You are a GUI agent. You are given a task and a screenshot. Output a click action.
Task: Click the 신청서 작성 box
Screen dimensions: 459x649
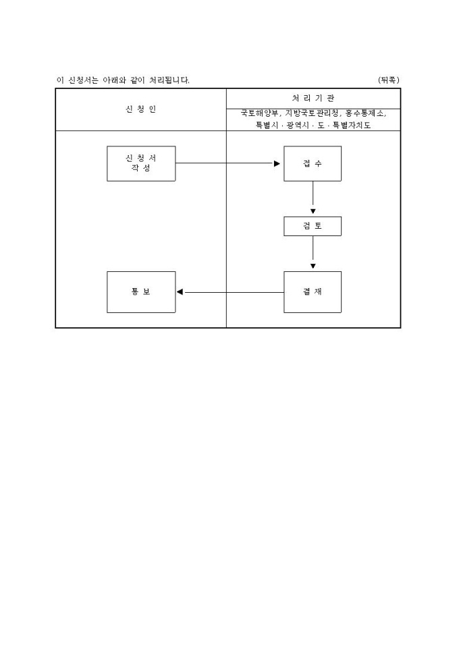click(141, 163)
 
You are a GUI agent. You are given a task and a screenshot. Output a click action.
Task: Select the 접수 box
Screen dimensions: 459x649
click(313, 163)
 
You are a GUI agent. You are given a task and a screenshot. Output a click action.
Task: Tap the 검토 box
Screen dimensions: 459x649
click(313, 227)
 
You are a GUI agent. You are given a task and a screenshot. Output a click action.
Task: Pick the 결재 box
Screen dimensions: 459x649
click(313, 292)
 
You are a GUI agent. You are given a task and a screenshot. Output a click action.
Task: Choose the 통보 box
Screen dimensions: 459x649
click(141, 292)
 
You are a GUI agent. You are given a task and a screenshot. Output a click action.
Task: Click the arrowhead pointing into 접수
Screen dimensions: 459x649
click(277, 163)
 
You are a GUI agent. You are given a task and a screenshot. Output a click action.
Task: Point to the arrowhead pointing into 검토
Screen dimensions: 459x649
click(313, 212)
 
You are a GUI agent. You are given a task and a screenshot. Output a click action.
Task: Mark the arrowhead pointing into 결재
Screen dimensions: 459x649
click(313, 266)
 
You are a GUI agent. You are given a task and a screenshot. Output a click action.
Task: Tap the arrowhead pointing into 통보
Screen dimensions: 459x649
click(180, 292)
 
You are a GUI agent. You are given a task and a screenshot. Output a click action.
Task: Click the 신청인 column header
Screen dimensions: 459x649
click(141, 109)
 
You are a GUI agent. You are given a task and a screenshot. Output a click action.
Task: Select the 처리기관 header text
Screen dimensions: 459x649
click(313, 98)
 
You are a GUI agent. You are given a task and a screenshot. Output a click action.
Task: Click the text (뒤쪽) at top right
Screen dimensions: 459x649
click(389, 80)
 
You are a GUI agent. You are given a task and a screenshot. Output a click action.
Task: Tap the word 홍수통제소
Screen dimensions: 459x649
click(364, 113)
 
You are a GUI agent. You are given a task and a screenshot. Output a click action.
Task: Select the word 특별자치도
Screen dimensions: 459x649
click(352, 125)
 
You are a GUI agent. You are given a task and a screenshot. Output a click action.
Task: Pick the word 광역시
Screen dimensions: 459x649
click(298, 125)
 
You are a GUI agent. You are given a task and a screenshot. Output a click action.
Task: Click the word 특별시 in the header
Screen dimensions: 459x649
click(267, 125)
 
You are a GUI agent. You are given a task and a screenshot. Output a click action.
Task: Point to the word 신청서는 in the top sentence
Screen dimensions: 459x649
click(83, 80)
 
